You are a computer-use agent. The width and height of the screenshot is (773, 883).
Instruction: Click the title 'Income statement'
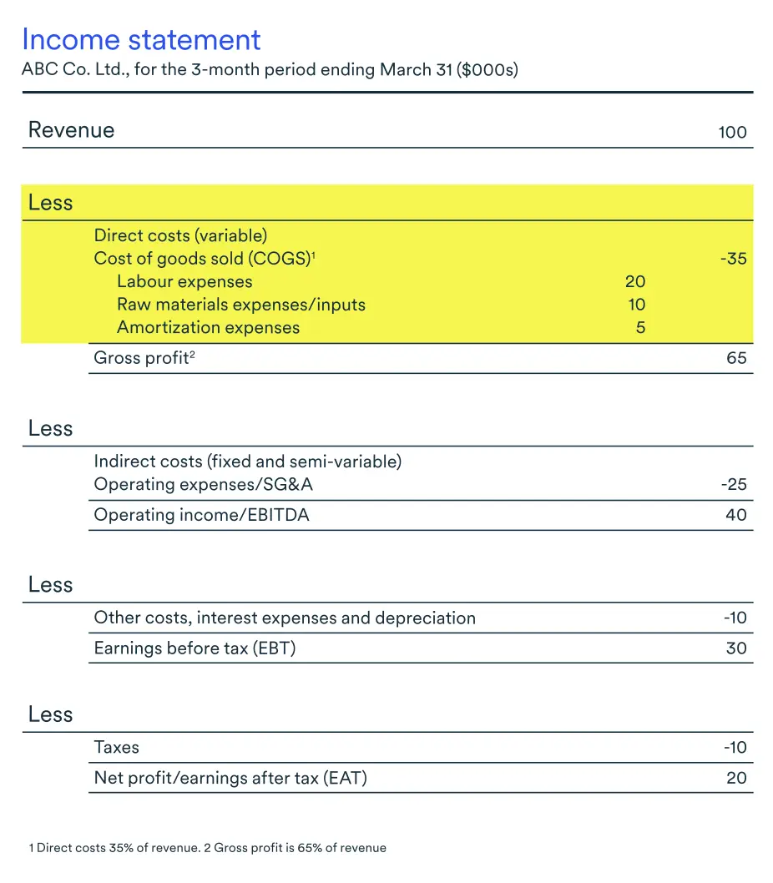click(141, 40)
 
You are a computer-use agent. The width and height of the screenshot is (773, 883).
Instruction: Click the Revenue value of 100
click(732, 132)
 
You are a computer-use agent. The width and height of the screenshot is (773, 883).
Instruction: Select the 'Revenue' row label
click(71, 130)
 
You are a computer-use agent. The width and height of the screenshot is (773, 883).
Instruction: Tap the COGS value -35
click(733, 259)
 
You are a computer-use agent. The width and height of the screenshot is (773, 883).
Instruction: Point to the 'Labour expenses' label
click(184, 282)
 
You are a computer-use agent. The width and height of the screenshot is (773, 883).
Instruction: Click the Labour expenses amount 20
click(635, 282)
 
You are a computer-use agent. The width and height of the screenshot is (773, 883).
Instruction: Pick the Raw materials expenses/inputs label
click(241, 305)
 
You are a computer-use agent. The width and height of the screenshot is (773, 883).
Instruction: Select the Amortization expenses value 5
click(640, 328)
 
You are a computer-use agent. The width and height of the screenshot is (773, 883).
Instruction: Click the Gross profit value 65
click(736, 360)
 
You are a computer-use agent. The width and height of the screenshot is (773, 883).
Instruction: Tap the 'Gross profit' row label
click(141, 359)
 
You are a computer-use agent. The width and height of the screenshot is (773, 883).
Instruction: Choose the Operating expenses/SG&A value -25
click(734, 485)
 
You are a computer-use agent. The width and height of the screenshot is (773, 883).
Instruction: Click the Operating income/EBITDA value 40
click(736, 515)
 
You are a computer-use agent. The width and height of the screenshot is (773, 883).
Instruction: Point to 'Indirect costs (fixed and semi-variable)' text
click(248, 462)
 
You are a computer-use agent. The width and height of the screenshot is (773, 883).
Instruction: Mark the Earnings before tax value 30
click(736, 648)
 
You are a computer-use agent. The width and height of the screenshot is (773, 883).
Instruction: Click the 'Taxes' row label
click(117, 748)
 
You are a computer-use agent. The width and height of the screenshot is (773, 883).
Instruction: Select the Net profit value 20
click(736, 779)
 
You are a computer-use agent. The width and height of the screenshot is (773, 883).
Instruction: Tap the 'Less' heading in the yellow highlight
click(51, 203)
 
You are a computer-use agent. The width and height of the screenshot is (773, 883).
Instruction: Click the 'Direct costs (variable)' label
click(180, 236)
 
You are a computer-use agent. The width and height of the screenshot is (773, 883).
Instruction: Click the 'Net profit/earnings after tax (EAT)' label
click(230, 779)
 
